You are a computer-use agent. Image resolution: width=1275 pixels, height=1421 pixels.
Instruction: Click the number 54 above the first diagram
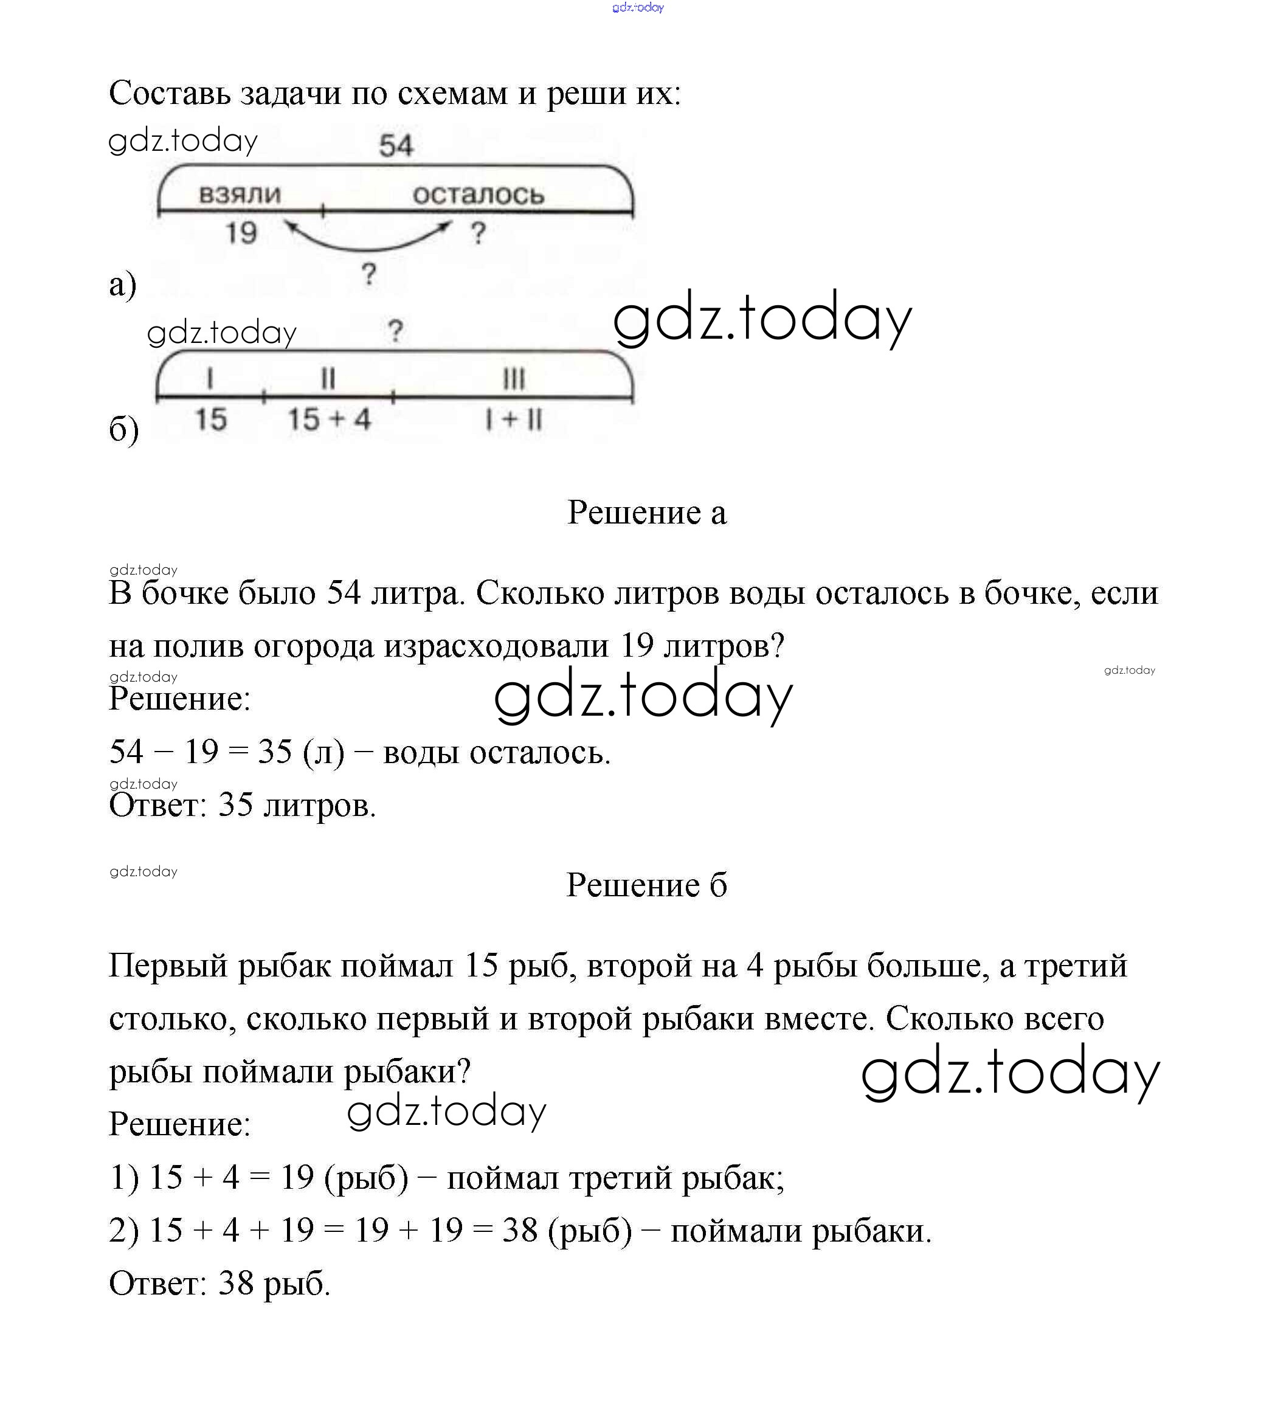tap(396, 146)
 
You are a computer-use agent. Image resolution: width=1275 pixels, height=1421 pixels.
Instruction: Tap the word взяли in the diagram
tap(240, 194)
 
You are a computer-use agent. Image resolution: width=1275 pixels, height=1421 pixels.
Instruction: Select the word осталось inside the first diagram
tap(478, 194)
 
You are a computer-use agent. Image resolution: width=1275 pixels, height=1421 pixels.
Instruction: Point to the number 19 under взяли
tap(241, 233)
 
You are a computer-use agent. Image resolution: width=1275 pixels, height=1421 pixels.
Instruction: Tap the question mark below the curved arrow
tap(369, 274)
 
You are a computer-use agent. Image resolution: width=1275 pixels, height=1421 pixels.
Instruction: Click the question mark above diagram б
tap(396, 331)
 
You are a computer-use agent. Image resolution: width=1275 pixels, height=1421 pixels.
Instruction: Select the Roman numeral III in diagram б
tap(514, 379)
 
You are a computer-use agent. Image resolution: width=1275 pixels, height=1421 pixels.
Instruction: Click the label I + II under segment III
tap(514, 420)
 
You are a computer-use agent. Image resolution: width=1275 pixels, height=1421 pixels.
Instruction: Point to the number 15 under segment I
tap(210, 420)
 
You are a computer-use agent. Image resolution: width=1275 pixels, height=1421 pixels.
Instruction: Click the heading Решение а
tap(646, 513)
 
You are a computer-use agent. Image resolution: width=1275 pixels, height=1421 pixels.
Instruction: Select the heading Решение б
tap(646, 885)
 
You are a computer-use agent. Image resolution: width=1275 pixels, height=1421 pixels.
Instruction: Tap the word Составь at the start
tap(169, 93)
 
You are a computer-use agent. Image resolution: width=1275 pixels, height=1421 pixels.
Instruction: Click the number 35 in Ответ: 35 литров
tap(235, 805)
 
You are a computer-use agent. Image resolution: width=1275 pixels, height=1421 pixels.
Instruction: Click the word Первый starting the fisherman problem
tap(168, 966)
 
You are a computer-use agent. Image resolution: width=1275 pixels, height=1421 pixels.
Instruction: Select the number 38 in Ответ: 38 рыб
tap(235, 1284)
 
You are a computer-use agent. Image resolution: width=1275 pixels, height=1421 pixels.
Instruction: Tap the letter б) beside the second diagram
tap(124, 429)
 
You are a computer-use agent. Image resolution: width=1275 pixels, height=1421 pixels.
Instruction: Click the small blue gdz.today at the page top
tap(637, 8)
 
